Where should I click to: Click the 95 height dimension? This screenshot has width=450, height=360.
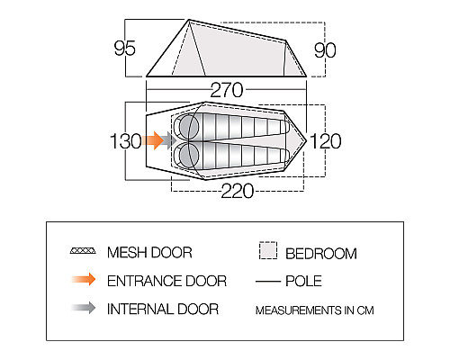click(125, 48)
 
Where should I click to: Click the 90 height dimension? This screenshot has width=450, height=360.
click(325, 50)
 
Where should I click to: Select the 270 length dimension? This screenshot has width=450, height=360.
click(227, 90)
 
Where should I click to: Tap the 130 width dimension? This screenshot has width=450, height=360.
click(126, 141)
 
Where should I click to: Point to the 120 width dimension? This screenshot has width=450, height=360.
click(326, 141)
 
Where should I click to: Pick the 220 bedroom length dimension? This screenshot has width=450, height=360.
click(238, 191)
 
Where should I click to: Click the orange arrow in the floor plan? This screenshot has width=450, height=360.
click(153, 140)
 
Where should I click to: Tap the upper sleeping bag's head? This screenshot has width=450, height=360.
click(189, 125)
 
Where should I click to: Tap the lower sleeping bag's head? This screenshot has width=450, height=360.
click(189, 156)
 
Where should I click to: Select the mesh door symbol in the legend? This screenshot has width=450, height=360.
click(83, 251)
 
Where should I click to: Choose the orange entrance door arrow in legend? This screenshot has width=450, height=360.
click(84, 279)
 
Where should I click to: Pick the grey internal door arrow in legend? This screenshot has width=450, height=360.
click(84, 308)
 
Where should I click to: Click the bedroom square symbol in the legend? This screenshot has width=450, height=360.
click(268, 250)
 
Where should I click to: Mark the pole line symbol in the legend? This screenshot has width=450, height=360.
click(268, 282)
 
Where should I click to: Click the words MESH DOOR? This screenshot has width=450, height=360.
click(149, 252)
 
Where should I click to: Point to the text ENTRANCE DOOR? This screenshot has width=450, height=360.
click(166, 281)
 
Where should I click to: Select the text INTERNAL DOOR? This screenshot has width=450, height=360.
click(163, 309)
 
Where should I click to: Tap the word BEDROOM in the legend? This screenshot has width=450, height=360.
click(321, 254)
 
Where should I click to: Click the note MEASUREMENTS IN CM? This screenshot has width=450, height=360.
click(315, 310)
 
